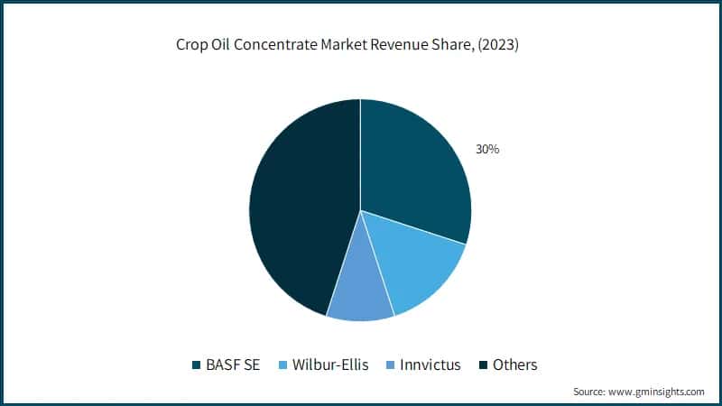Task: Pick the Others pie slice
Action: point(298,208)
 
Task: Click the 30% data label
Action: point(488,149)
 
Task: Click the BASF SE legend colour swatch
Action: point(195,365)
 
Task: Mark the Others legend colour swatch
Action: point(484,365)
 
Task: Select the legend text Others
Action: point(515,365)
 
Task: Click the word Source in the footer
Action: point(588,392)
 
